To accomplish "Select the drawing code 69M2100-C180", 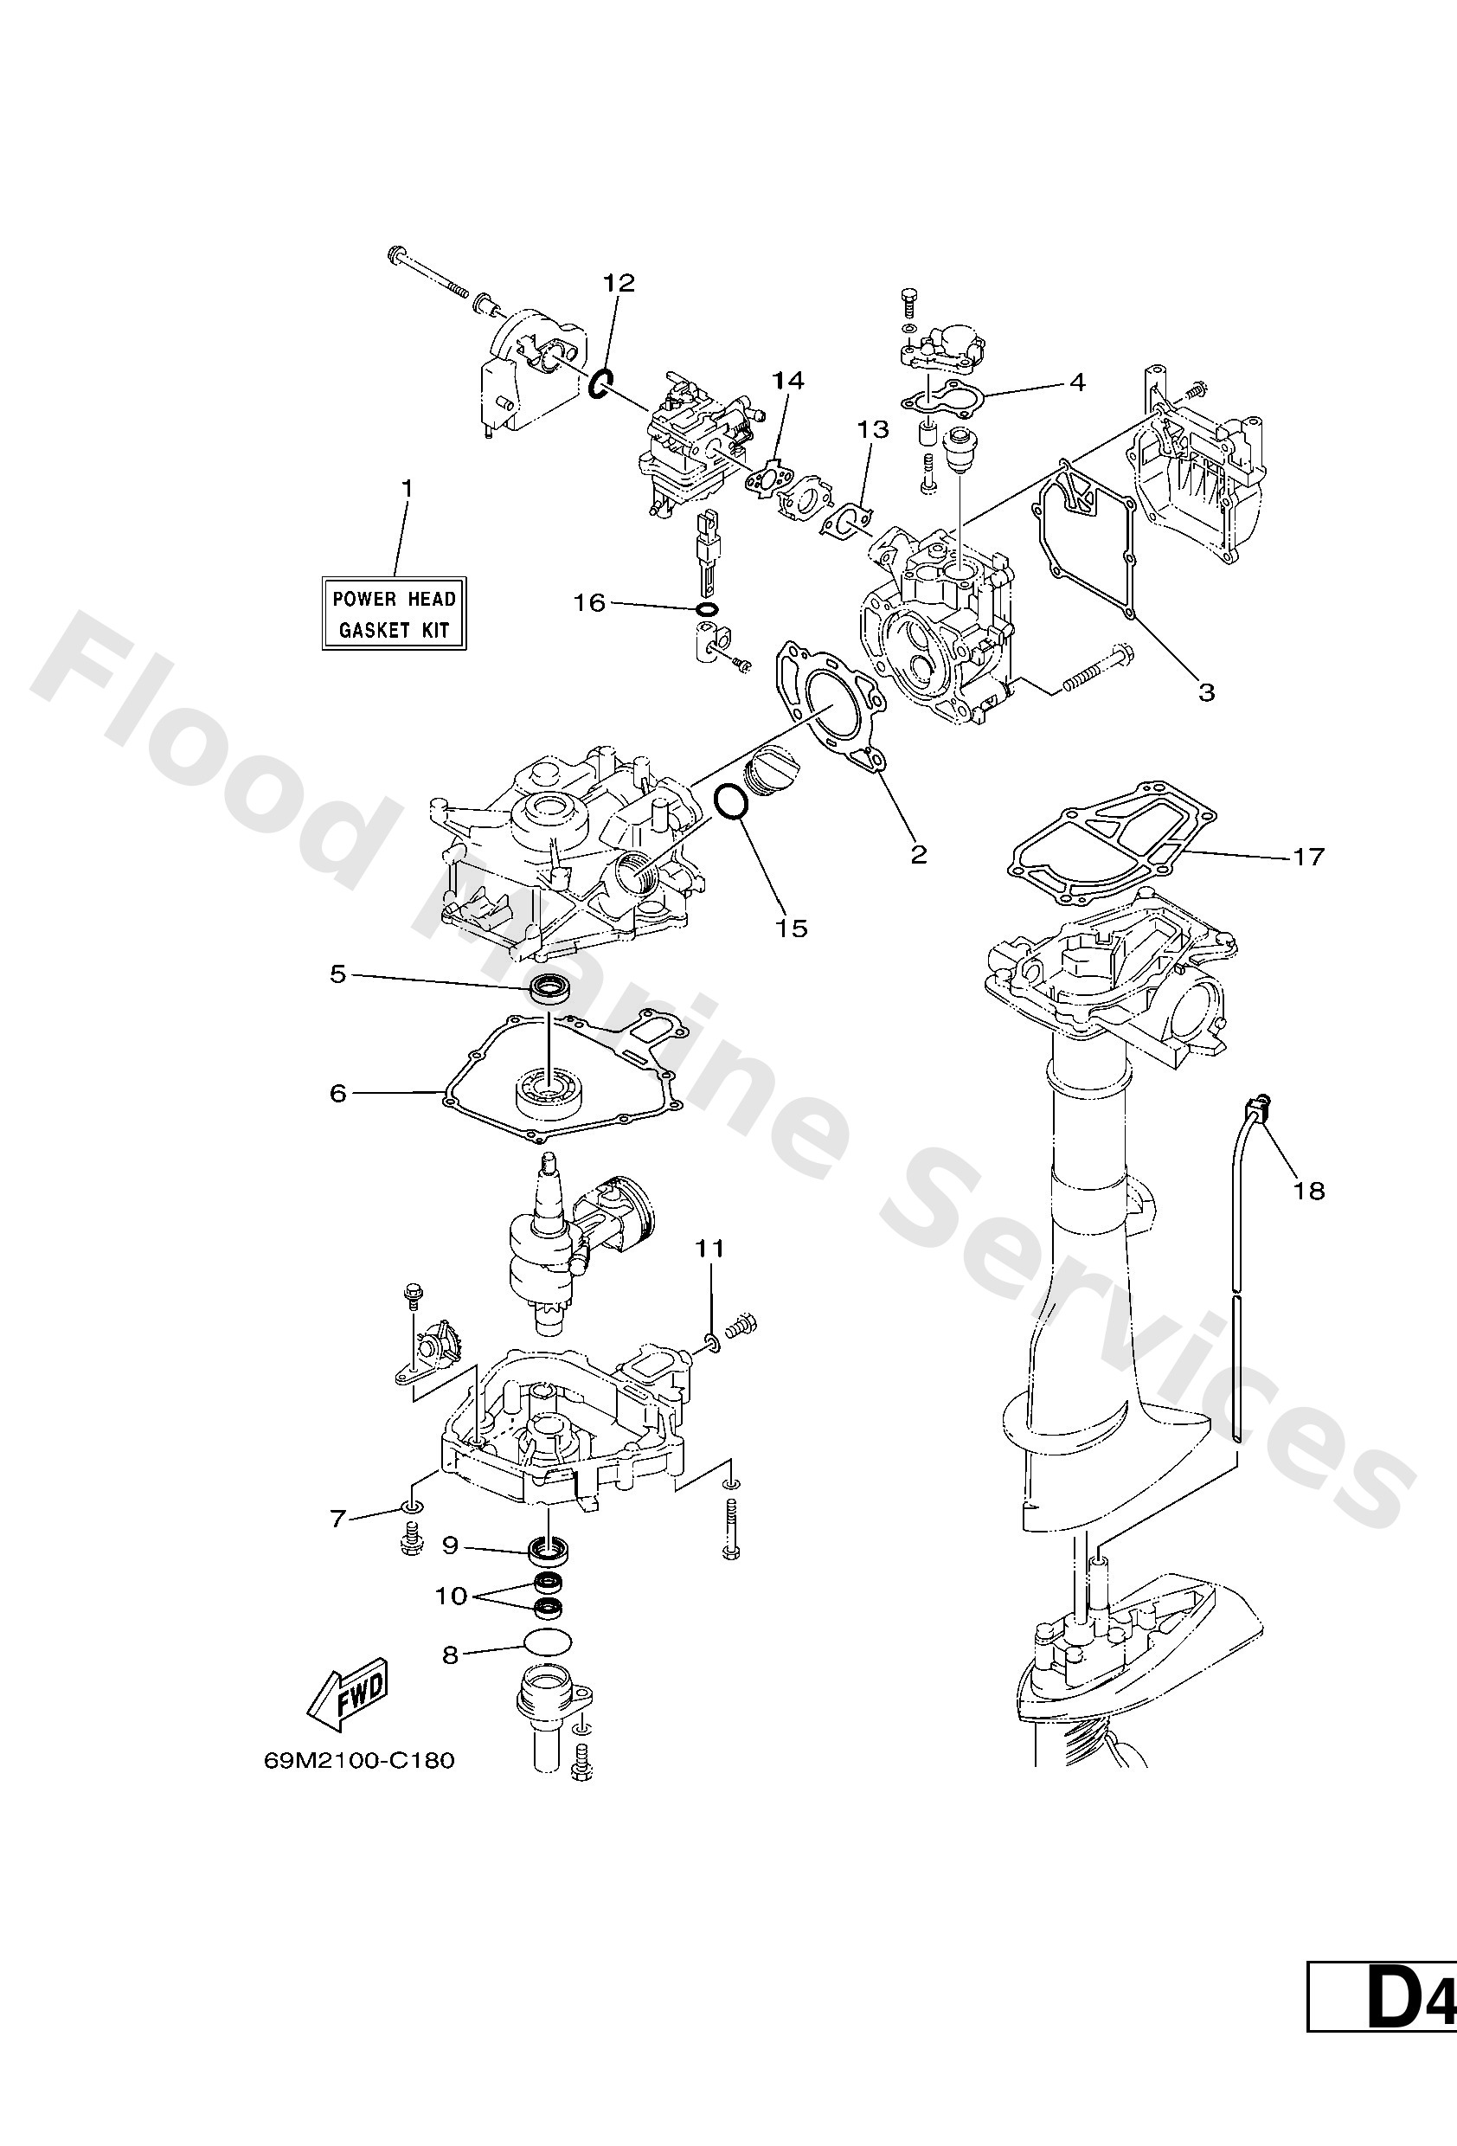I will pos(359,1760).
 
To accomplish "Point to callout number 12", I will pos(619,283).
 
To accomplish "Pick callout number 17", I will pos(1307,856).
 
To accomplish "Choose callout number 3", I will pos(1207,691).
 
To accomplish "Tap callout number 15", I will pos(792,927).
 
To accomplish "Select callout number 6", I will pos(338,1092).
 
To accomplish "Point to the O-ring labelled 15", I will pos(731,801).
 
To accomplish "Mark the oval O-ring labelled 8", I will pos(547,1640).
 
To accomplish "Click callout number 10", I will pos(452,1596).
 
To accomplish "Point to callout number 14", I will pos(788,380).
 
